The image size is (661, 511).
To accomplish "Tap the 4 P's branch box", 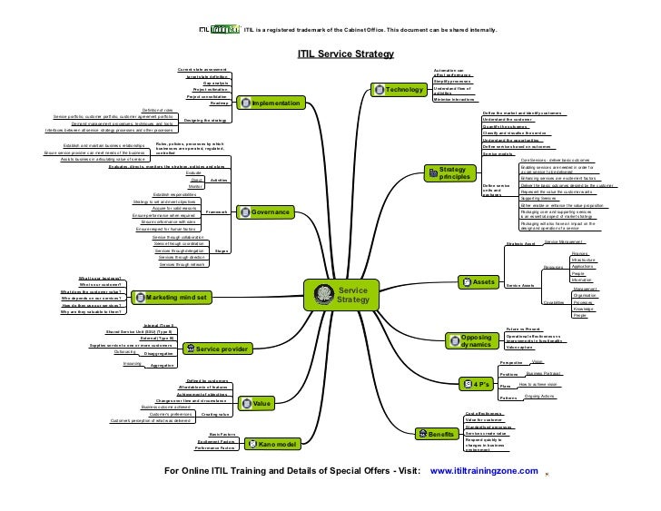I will click(x=476, y=383).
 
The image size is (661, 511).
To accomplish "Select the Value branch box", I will click(x=257, y=402).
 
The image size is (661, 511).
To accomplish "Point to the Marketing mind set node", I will click(x=173, y=297).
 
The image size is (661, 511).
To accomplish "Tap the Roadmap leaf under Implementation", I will click(x=219, y=103).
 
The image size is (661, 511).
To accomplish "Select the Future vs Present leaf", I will click(x=524, y=329).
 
